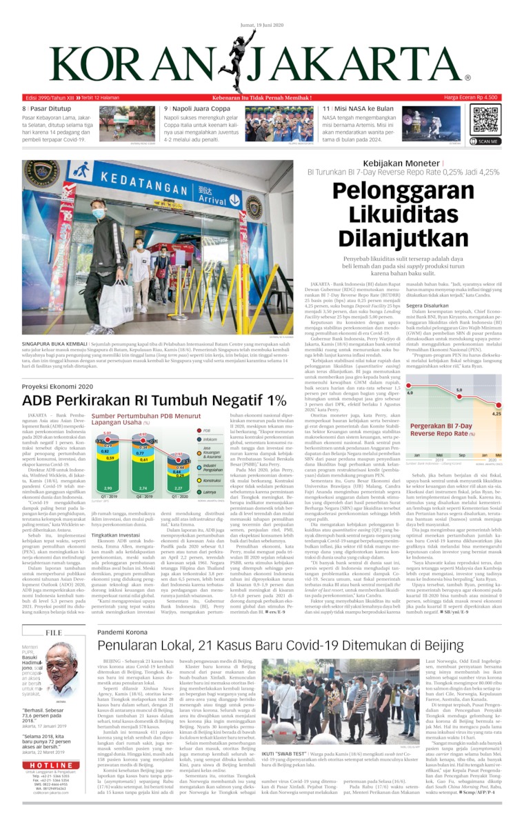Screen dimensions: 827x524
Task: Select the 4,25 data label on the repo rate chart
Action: pyautogui.click(x=496, y=414)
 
